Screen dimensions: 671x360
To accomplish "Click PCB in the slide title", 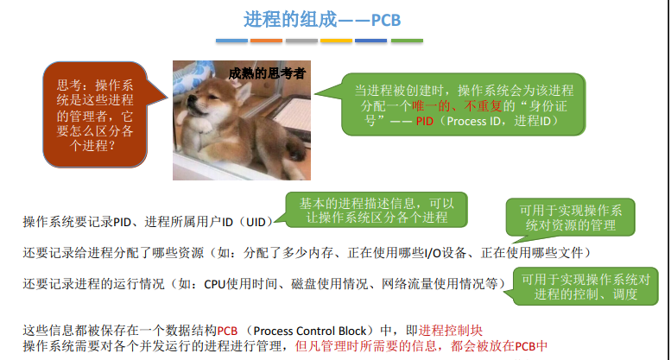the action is click(386, 20).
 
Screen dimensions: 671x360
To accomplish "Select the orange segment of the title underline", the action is click(266, 41).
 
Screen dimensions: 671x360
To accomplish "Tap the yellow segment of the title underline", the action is click(336, 41).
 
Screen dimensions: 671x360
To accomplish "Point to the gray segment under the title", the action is click(301, 41).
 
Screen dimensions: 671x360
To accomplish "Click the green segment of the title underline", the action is click(407, 41).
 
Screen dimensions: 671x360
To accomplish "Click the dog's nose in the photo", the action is click(187, 101).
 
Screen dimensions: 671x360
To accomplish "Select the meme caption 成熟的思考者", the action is click(267, 73).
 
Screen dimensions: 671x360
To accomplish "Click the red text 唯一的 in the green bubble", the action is click(431, 105).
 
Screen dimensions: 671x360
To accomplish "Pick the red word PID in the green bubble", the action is click(425, 121).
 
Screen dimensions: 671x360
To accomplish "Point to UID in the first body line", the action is click(256, 222).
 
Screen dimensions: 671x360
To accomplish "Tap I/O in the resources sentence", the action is click(433, 253).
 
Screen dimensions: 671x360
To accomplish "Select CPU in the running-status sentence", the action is click(215, 284).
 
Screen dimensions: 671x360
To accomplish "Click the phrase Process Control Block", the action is click(310, 331).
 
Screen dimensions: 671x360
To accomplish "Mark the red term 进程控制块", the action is click(451, 331).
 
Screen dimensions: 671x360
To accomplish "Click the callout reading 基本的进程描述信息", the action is click(377, 210).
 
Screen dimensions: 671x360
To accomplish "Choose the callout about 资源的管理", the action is click(571, 218).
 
